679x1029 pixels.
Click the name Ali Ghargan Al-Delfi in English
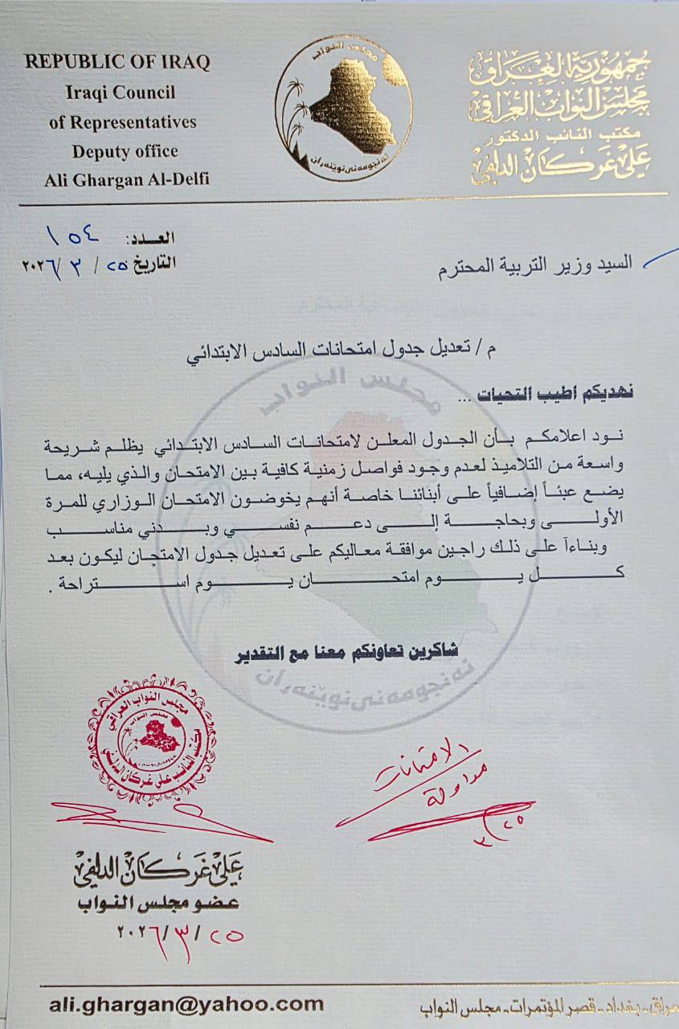[x=127, y=178]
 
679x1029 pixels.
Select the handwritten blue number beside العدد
[x=74, y=237]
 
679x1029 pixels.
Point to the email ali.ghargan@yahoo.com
[x=186, y=1003]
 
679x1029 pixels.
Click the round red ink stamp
[x=151, y=739]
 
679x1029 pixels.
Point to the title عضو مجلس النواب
[x=172, y=902]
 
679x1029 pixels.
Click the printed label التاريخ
[x=153, y=263]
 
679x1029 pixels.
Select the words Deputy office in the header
[x=125, y=150]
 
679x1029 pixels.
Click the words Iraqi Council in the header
[x=121, y=92]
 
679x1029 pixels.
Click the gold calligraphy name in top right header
[x=560, y=164]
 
